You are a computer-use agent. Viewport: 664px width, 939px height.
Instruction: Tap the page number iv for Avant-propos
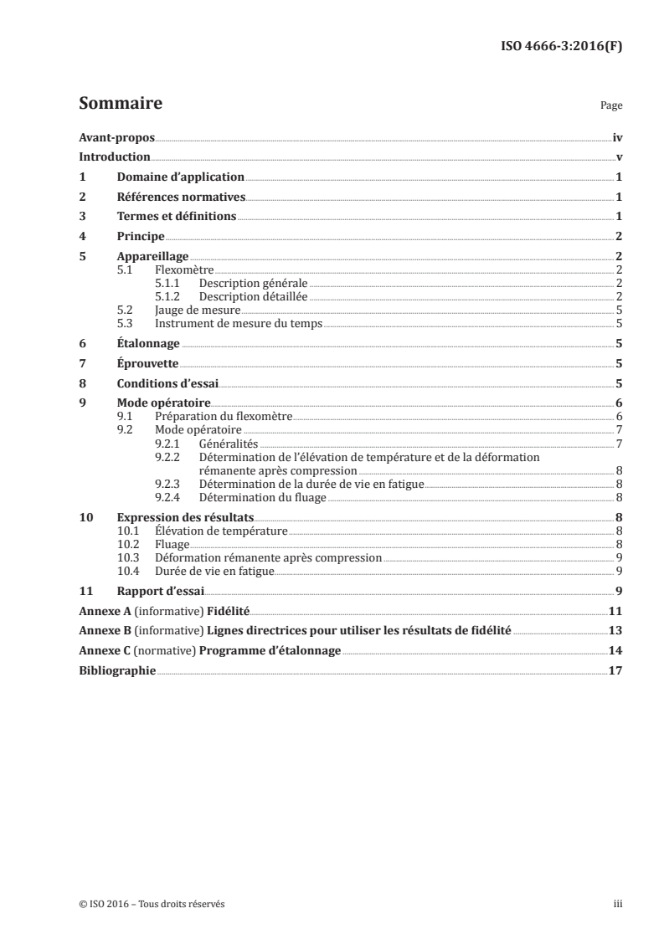(x=616, y=138)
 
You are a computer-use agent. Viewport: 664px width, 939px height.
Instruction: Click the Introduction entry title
(x=114, y=157)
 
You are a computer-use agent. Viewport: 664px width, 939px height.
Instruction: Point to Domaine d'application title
(x=180, y=177)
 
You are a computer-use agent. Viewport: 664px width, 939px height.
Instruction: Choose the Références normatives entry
(x=180, y=197)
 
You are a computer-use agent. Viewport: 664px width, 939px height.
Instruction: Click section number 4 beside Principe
(x=81, y=236)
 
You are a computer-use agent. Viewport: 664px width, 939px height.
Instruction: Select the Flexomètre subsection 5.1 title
(x=184, y=269)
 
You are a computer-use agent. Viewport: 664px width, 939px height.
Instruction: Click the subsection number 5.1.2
(x=168, y=296)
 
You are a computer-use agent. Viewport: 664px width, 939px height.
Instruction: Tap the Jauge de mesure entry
(x=192, y=310)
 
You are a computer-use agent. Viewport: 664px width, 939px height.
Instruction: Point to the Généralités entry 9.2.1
(x=229, y=443)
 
